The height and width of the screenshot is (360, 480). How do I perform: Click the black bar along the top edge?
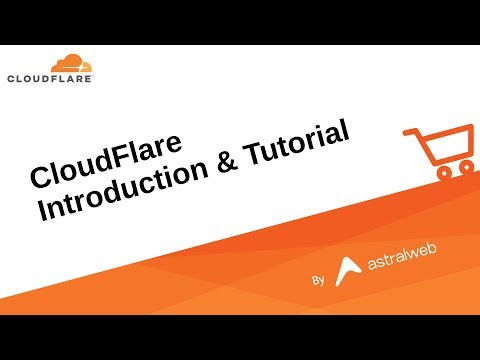(240, 21)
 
